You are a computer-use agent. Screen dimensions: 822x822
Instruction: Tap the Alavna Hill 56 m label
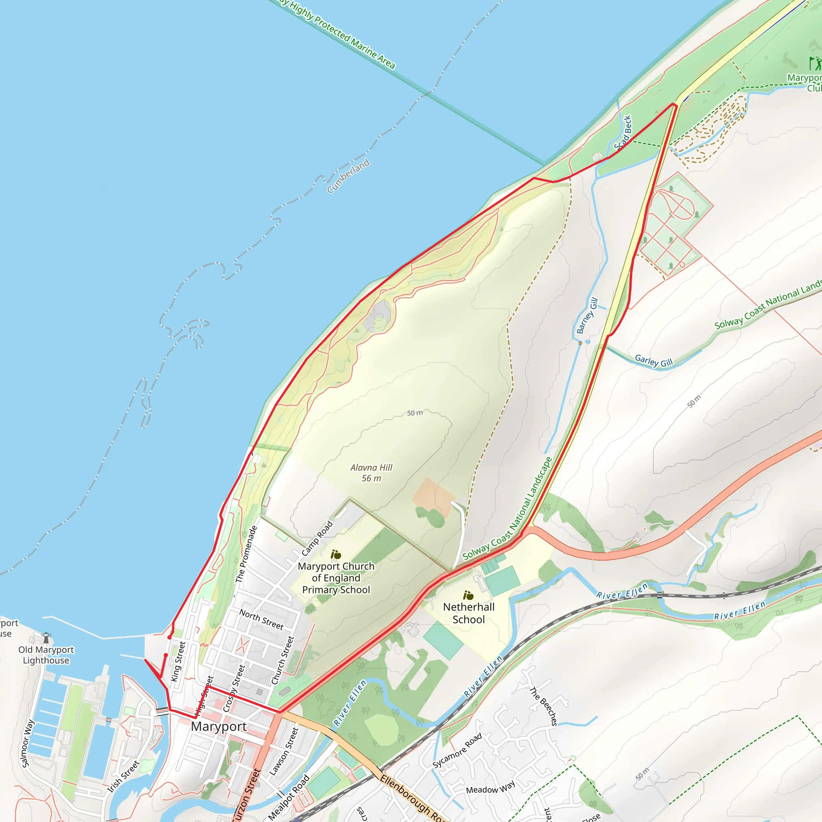pyautogui.click(x=371, y=473)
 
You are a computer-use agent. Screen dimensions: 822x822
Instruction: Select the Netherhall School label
pyautogui.click(x=468, y=613)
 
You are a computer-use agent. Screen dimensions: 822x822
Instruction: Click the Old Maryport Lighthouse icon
pyautogui.click(x=46, y=637)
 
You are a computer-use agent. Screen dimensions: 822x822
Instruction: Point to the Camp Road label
pyautogui.click(x=317, y=538)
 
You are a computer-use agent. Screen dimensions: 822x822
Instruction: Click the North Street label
pyautogui.click(x=261, y=619)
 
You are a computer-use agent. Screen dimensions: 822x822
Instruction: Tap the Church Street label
pyautogui.click(x=283, y=660)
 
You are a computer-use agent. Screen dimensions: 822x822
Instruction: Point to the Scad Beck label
pyautogui.click(x=623, y=133)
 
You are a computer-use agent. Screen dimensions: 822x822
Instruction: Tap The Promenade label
pyautogui.click(x=246, y=554)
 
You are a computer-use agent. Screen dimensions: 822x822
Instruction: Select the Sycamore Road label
pyautogui.click(x=458, y=750)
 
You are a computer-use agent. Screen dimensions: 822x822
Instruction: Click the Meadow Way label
pyautogui.click(x=490, y=787)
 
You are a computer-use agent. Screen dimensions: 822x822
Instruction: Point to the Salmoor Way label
pyautogui.click(x=28, y=743)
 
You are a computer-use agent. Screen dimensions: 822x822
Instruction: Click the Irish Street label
pyautogui.click(x=123, y=777)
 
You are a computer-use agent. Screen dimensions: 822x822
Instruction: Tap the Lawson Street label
pyautogui.click(x=284, y=751)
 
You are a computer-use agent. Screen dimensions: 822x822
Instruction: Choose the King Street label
pyautogui.click(x=178, y=661)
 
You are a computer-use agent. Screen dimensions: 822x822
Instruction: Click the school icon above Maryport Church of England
pyautogui.click(x=336, y=554)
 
